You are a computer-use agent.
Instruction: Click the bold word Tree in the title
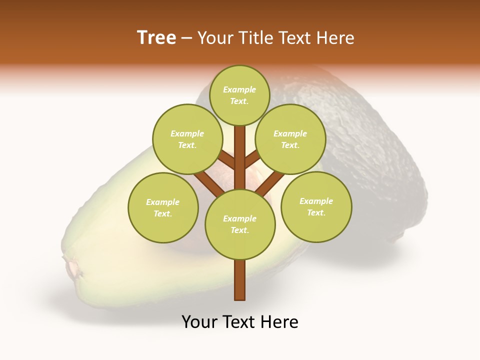(x=156, y=38)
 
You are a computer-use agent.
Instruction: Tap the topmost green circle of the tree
(x=239, y=95)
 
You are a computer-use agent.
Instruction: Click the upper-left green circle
(x=187, y=139)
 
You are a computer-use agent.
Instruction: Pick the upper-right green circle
(x=290, y=139)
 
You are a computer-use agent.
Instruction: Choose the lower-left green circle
(x=163, y=207)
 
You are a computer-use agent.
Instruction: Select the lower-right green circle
(x=316, y=206)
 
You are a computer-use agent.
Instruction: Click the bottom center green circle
(x=240, y=224)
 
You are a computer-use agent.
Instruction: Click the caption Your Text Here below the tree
(x=240, y=322)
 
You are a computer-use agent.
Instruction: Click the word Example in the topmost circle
(x=239, y=89)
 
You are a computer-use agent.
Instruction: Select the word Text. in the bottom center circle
(x=239, y=230)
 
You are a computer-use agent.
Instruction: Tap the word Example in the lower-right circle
(x=316, y=201)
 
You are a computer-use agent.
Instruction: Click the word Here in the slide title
(x=337, y=38)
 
